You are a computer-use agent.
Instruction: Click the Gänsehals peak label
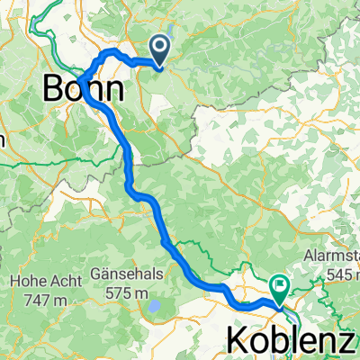point(127,271)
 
